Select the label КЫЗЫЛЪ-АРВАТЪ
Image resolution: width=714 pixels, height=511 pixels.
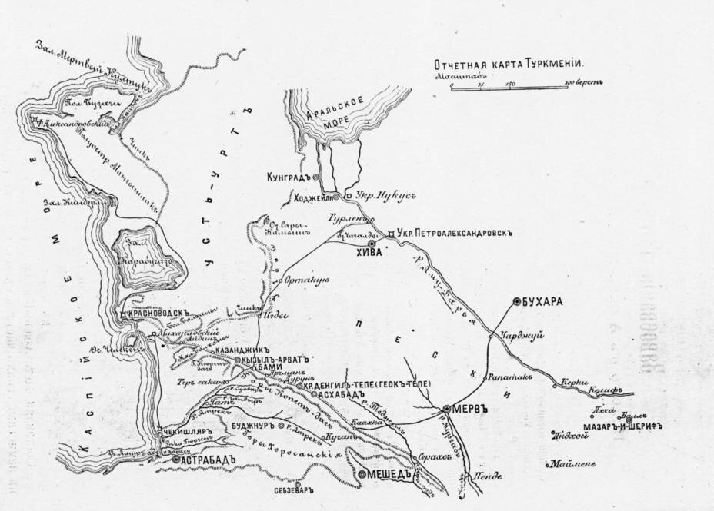[x=274, y=359]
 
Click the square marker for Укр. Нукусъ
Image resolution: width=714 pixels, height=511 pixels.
[x=349, y=196]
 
